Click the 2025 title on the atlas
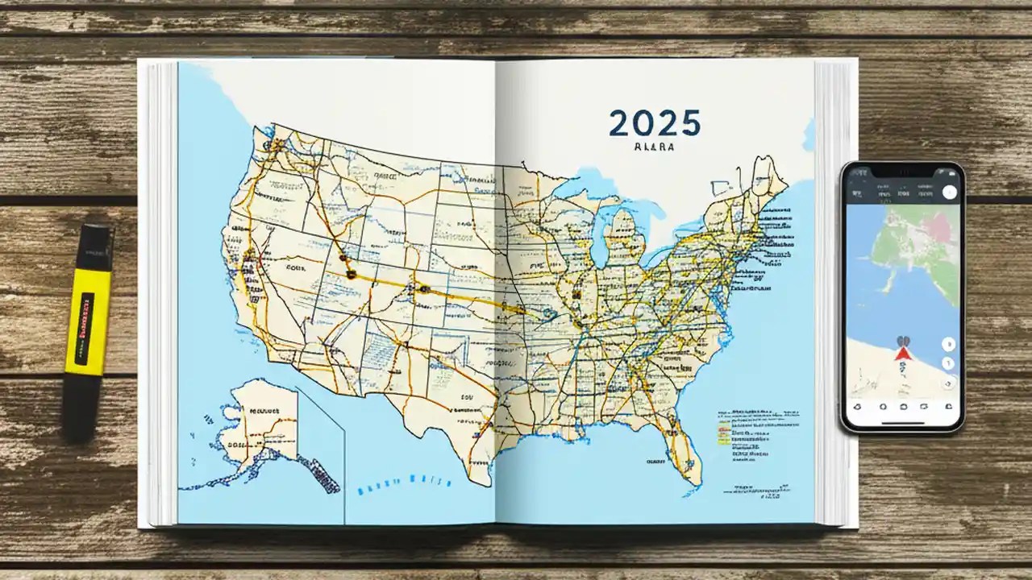(654, 123)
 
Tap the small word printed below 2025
(654, 148)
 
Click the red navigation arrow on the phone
(903, 353)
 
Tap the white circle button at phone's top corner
(949, 192)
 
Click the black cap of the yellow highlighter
(94, 246)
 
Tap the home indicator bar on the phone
(902, 422)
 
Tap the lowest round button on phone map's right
(949, 383)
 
